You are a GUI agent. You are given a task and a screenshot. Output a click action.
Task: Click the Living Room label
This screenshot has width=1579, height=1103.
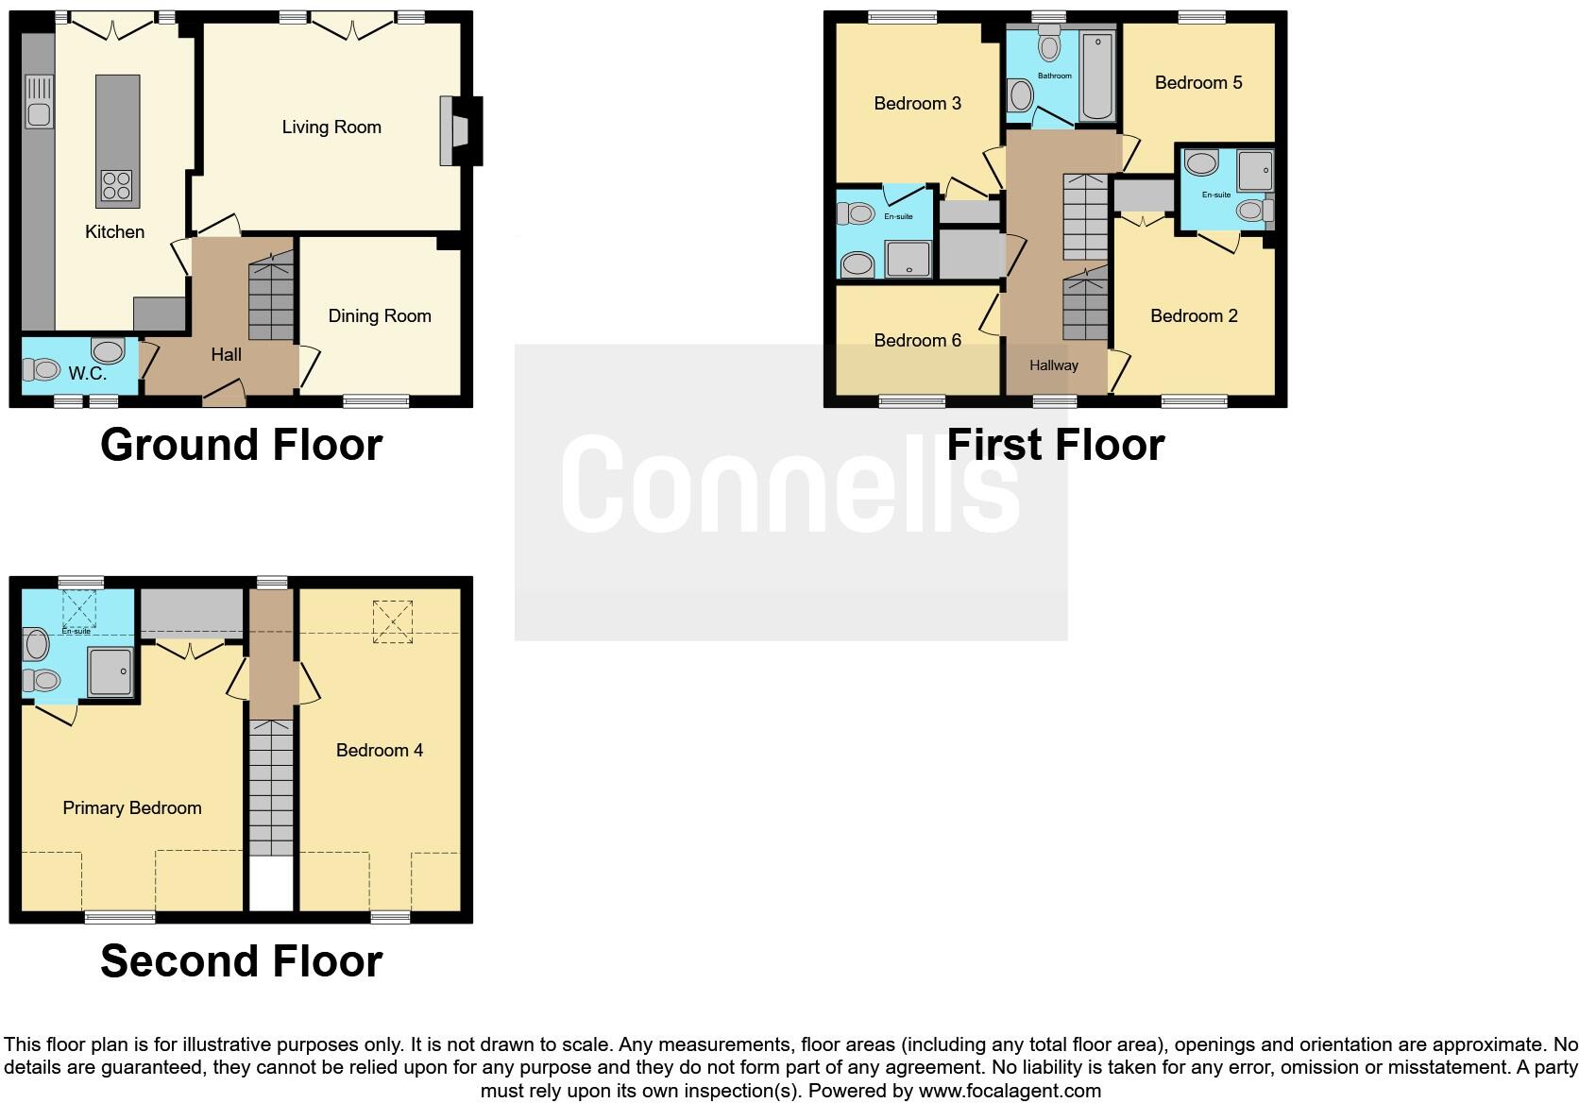click(x=331, y=127)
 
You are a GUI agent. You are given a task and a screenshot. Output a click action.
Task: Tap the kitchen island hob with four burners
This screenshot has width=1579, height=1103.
click(x=117, y=185)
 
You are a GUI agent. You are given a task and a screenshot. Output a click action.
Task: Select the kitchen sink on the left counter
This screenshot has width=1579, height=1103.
click(x=39, y=102)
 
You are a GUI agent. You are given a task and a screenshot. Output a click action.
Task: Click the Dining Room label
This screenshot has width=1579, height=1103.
click(x=380, y=316)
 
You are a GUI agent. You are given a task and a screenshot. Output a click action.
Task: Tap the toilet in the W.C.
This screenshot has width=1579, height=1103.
click(x=42, y=368)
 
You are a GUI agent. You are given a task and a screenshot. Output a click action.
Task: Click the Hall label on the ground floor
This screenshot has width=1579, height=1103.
click(x=227, y=355)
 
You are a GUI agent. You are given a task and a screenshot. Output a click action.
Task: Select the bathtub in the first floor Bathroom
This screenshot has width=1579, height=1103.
click(x=1097, y=76)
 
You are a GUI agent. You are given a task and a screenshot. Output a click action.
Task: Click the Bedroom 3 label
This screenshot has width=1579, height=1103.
click(x=917, y=104)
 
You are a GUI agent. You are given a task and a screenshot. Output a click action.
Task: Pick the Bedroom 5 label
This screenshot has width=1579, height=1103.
click(x=1198, y=83)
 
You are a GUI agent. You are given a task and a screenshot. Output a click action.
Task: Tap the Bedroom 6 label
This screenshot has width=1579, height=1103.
click(x=917, y=341)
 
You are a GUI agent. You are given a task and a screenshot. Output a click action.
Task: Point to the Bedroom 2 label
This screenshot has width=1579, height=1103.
click(x=1194, y=316)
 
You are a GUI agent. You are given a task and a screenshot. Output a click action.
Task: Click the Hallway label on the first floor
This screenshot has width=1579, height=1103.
click(x=1054, y=365)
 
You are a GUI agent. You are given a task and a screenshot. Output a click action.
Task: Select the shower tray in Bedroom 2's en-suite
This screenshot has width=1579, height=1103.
click(x=1254, y=171)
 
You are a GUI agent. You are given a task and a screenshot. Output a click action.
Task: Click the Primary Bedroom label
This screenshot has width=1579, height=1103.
click(x=132, y=808)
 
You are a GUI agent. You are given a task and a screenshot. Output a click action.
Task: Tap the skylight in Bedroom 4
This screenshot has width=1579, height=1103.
click(x=394, y=621)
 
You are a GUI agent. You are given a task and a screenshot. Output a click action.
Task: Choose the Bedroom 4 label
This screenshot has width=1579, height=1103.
click(x=380, y=751)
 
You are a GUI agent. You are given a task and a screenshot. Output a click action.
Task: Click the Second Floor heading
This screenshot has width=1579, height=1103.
click(x=242, y=961)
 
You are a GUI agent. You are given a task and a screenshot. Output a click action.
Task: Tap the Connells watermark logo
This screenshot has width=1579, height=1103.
click(x=790, y=484)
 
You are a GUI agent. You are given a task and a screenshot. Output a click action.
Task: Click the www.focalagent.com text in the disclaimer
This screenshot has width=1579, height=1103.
click(x=1010, y=1092)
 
